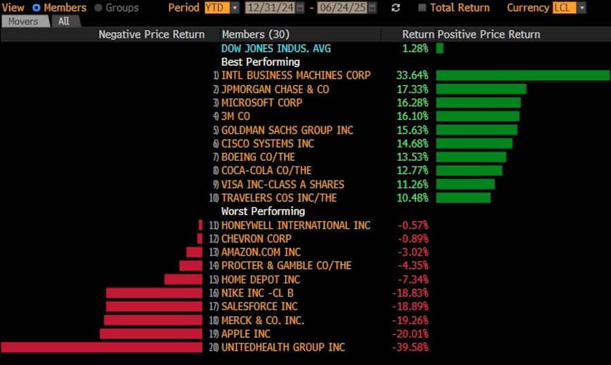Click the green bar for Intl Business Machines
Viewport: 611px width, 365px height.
(523, 75)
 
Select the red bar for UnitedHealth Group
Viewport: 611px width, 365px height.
(102, 347)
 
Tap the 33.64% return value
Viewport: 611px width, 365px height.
(411, 75)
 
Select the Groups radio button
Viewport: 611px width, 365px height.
(98, 8)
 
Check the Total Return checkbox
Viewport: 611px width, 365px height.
(422, 8)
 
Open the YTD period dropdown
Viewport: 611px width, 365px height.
(221, 8)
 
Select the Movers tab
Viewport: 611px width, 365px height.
(23, 22)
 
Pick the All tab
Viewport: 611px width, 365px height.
(63, 22)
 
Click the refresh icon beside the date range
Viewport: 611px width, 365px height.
(396, 8)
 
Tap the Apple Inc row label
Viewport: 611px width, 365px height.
(246, 334)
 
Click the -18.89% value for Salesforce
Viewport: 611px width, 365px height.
(411, 307)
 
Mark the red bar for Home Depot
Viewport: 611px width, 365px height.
(183, 280)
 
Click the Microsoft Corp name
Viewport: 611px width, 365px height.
(261, 102)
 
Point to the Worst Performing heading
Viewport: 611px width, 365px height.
(263, 211)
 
